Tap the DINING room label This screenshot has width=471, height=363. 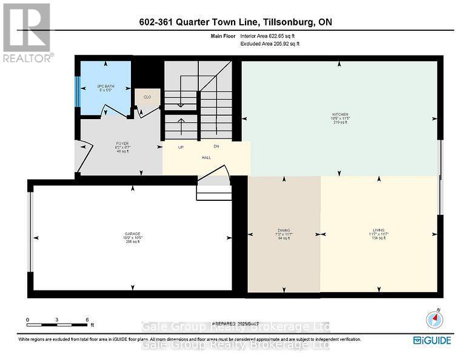click(284, 231)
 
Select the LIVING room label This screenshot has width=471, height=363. click(379, 231)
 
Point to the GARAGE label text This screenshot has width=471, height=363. click(132, 234)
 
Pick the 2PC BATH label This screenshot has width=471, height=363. click(105, 86)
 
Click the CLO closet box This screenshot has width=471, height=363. click(147, 97)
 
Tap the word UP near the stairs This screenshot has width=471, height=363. click(181, 147)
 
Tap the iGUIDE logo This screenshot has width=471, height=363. click(432, 341)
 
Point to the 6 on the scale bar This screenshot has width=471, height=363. click(87, 319)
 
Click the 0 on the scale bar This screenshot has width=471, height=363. click(27, 319)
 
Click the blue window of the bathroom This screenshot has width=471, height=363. click(78, 90)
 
